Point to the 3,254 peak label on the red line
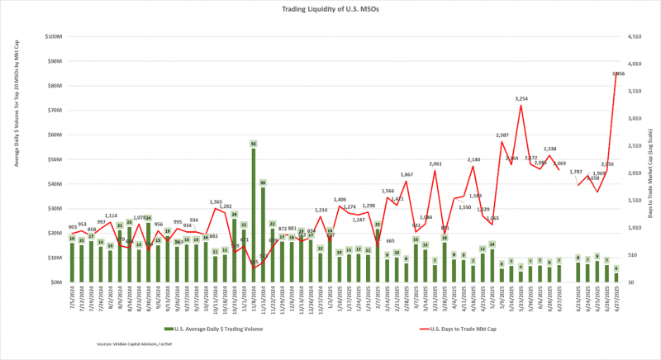coord(521,99)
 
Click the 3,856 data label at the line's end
coord(617,74)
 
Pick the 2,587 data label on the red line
coord(502,135)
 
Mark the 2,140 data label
coord(473,159)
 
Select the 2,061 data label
coord(435,163)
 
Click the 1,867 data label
coord(407,174)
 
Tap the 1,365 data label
coord(216,201)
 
